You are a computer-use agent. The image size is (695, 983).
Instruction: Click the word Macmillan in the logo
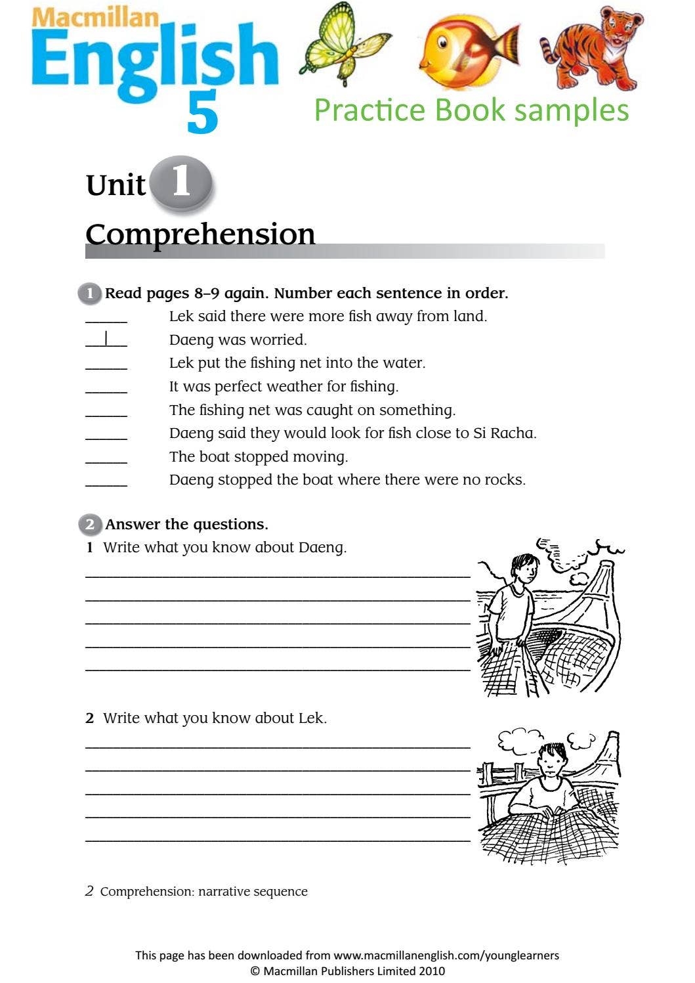(x=95, y=17)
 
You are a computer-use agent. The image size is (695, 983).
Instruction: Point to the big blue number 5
(x=202, y=113)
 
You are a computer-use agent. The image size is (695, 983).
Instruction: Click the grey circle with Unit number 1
(x=181, y=183)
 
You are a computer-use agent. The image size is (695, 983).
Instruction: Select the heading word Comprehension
(x=200, y=234)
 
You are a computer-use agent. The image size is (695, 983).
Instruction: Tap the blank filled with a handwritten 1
(x=106, y=339)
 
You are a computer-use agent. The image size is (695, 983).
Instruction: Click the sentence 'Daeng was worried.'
(x=238, y=339)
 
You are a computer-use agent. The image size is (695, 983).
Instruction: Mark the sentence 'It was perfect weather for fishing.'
(x=284, y=386)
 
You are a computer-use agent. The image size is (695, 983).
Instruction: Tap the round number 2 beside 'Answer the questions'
(x=90, y=524)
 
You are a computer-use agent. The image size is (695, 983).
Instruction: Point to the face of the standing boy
(x=523, y=570)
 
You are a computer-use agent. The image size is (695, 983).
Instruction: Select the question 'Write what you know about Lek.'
(x=215, y=718)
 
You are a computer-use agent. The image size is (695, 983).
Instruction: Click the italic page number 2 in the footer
(x=90, y=891)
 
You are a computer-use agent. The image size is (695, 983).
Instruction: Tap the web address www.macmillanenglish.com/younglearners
(x=446, y=955)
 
